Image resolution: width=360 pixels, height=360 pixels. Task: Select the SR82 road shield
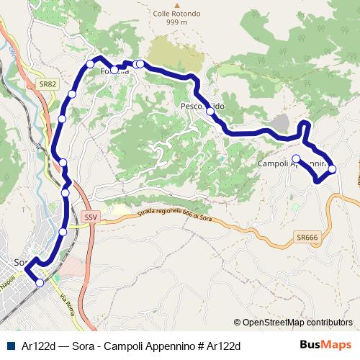pyautogui.click(x=48, y=84)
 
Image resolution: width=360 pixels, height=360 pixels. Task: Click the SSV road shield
pyautogui.click(x=90, y=216)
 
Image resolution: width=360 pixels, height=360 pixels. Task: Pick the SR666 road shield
pyautogui.click(x=306, y=237)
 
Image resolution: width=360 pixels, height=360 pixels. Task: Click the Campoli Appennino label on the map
pyautogui.click(x=292, y=164)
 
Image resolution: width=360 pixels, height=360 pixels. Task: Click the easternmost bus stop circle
pyautogui.click(x=332, y=169)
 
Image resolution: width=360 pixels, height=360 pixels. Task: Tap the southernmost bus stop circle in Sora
pyautogui.click(x=40, y=283)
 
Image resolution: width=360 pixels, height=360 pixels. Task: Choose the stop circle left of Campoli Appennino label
pyautogui.click(x=296, y=158)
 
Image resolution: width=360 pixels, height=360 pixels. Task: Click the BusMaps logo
pyautogui.click(x=325, y=345)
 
